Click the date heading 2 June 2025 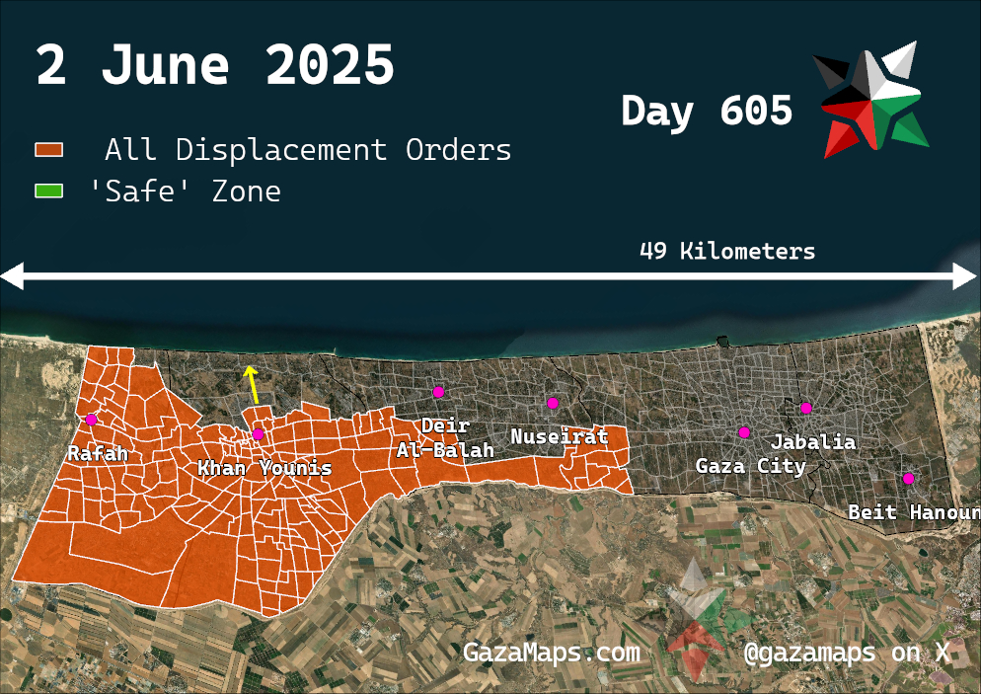(x=215, y=65)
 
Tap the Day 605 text (x=707, y=111)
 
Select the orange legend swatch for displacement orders (x=49, y=150)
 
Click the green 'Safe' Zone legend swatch (x=49, y=191)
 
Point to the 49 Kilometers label (x=727, y=252)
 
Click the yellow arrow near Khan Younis (x=253, y=384)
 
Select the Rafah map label (x=98, y=454)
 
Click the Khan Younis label (x=264, y=468)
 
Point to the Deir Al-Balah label (x=445, y=438)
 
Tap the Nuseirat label (x=559, y=436)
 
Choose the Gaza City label (x=750, y=466)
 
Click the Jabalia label (x=812, y=441)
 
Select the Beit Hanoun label (x=913, y=512)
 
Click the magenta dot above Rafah (x=91, y=420)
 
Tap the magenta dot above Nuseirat (x=553, y=403)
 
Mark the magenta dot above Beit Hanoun (x=908, y=479)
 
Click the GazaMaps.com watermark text (x=551, y=653)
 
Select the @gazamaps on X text (x=847, y=653)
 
